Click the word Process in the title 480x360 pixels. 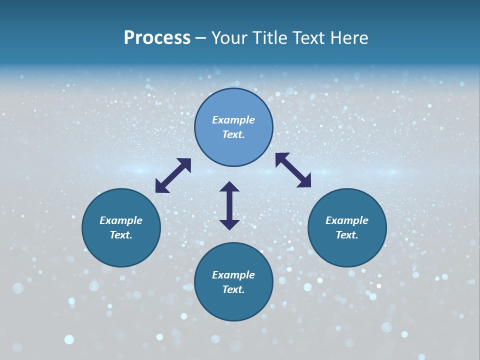(157, 38)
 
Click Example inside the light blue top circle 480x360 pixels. (233, 120)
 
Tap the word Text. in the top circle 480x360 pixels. (233, 134)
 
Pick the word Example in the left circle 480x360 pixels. (121, 220)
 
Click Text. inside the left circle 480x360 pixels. (121, 235)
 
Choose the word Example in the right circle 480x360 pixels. (347, 220)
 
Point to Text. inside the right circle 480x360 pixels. (347, 235)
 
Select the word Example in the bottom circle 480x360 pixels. (233, 275)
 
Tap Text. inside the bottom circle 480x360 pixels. (233, 289)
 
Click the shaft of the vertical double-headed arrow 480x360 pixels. (229, 205)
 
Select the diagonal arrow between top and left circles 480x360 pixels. (173, 175)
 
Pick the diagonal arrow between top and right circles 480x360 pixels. (293, 170)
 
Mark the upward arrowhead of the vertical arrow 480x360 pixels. (229, 187)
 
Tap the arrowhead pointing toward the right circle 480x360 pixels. (304, 181)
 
